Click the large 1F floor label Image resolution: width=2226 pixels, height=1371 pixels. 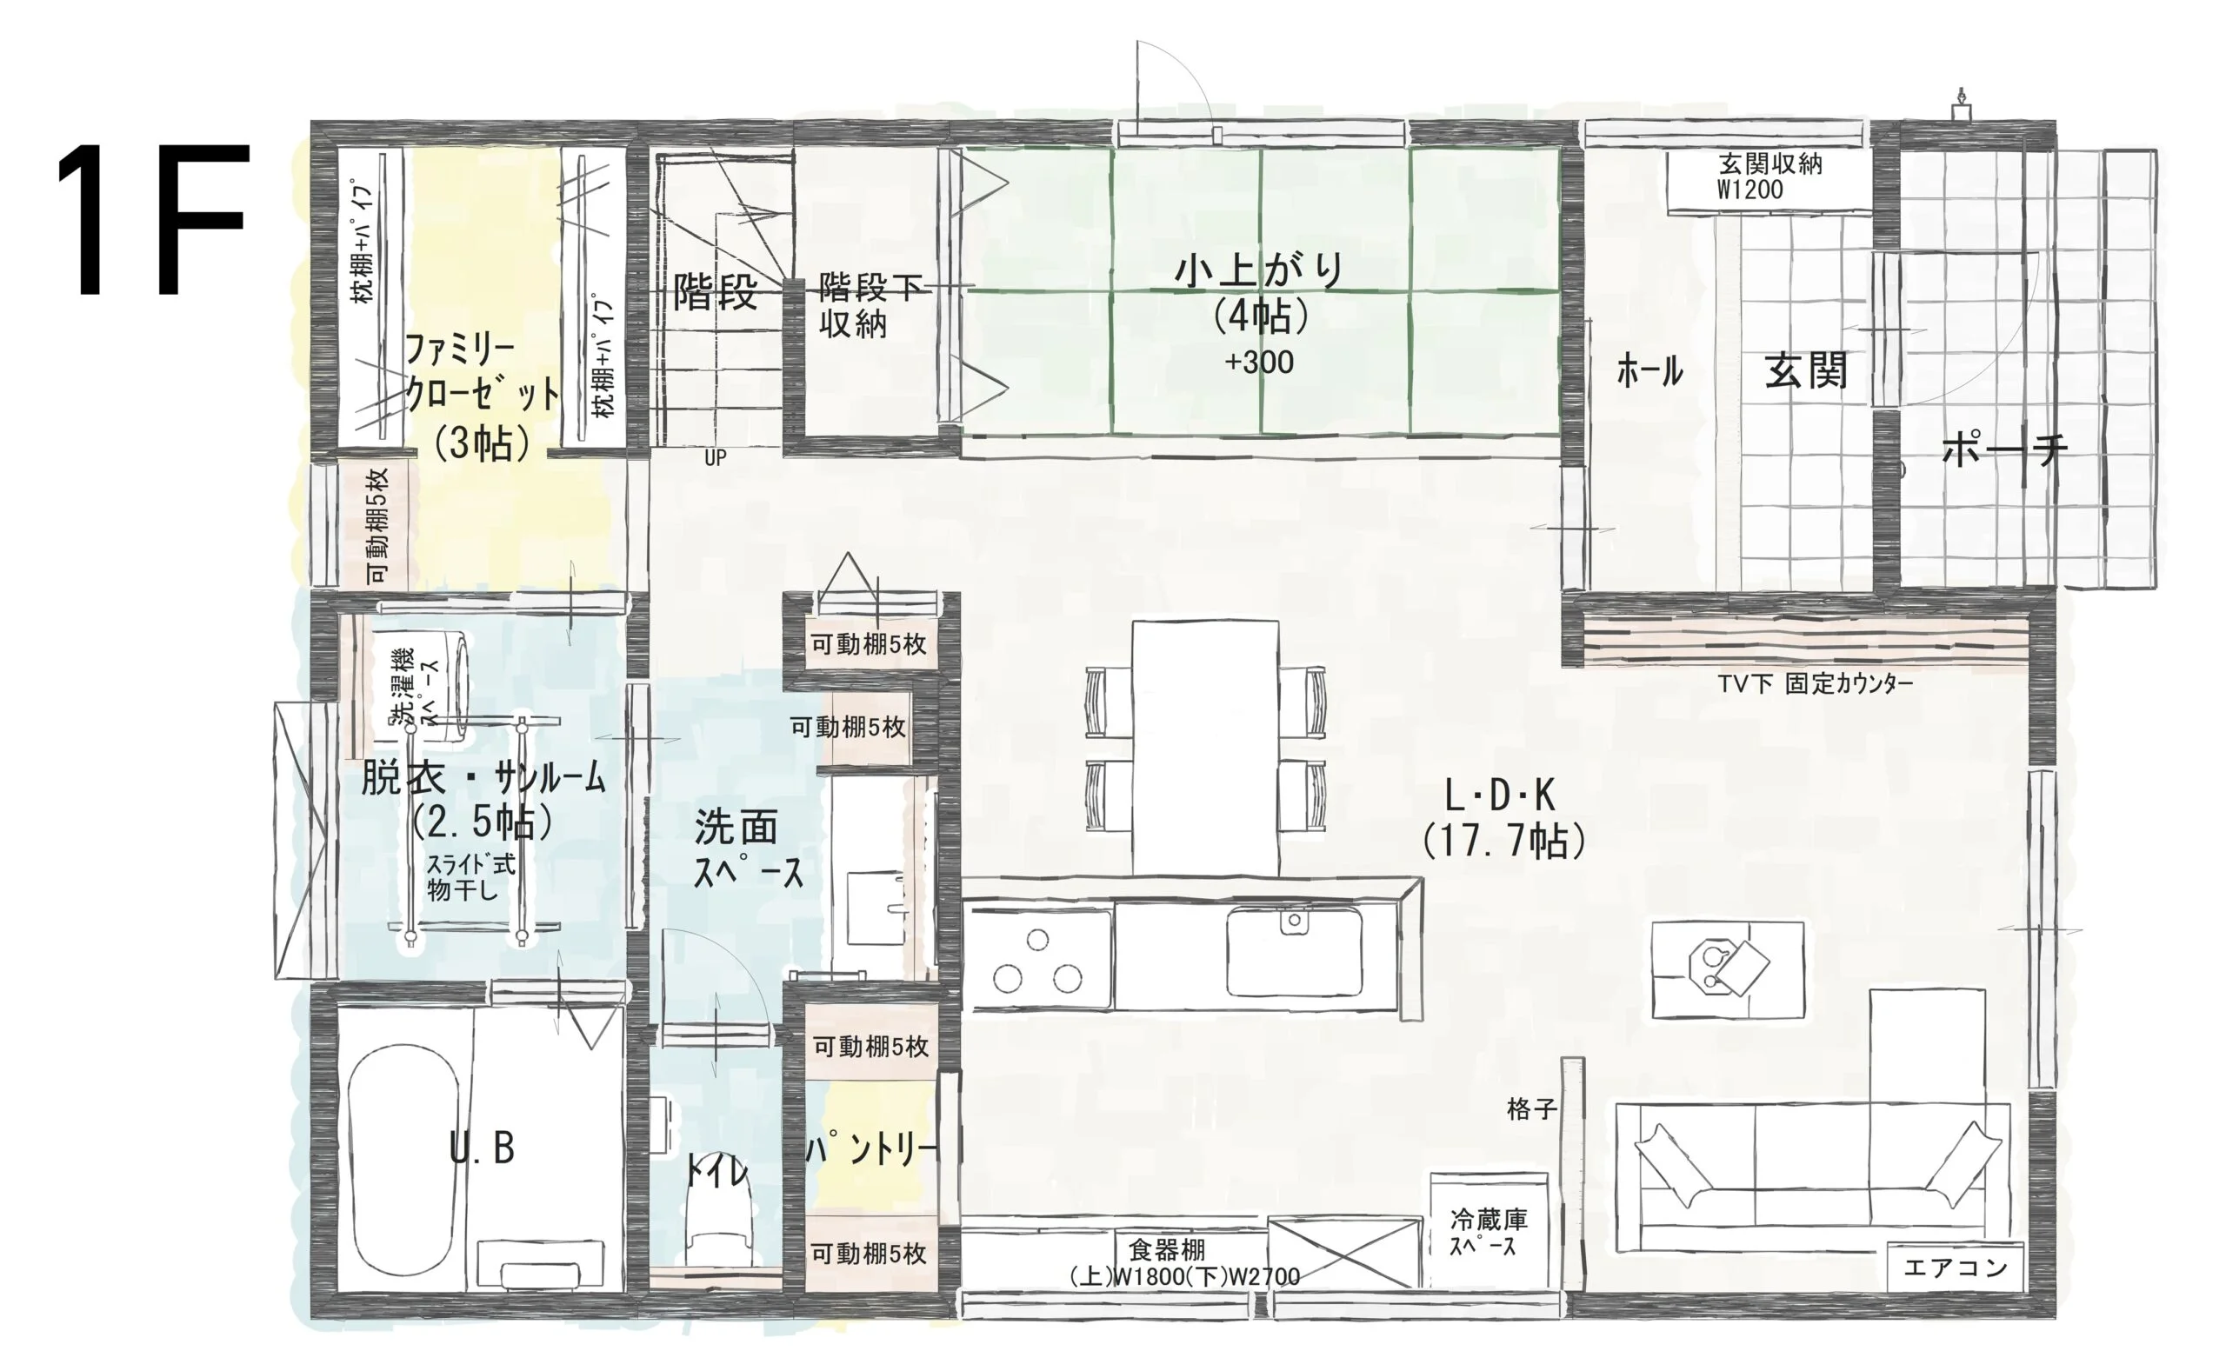(152, 219)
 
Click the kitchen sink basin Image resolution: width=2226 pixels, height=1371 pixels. (1294, 952)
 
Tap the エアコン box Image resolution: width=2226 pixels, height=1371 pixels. (1955, 1267)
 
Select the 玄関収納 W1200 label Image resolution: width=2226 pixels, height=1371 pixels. (1769, 176)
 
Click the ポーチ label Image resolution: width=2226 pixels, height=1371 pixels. (2004, 449)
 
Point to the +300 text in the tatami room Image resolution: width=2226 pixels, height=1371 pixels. (1258, 363)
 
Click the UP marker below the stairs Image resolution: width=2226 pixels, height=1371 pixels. (716, 458)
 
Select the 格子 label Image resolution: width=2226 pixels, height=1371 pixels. (1531, 1108)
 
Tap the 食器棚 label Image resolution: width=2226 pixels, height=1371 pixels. (1167, 1250)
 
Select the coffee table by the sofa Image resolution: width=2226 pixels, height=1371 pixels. (1727, 969)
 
